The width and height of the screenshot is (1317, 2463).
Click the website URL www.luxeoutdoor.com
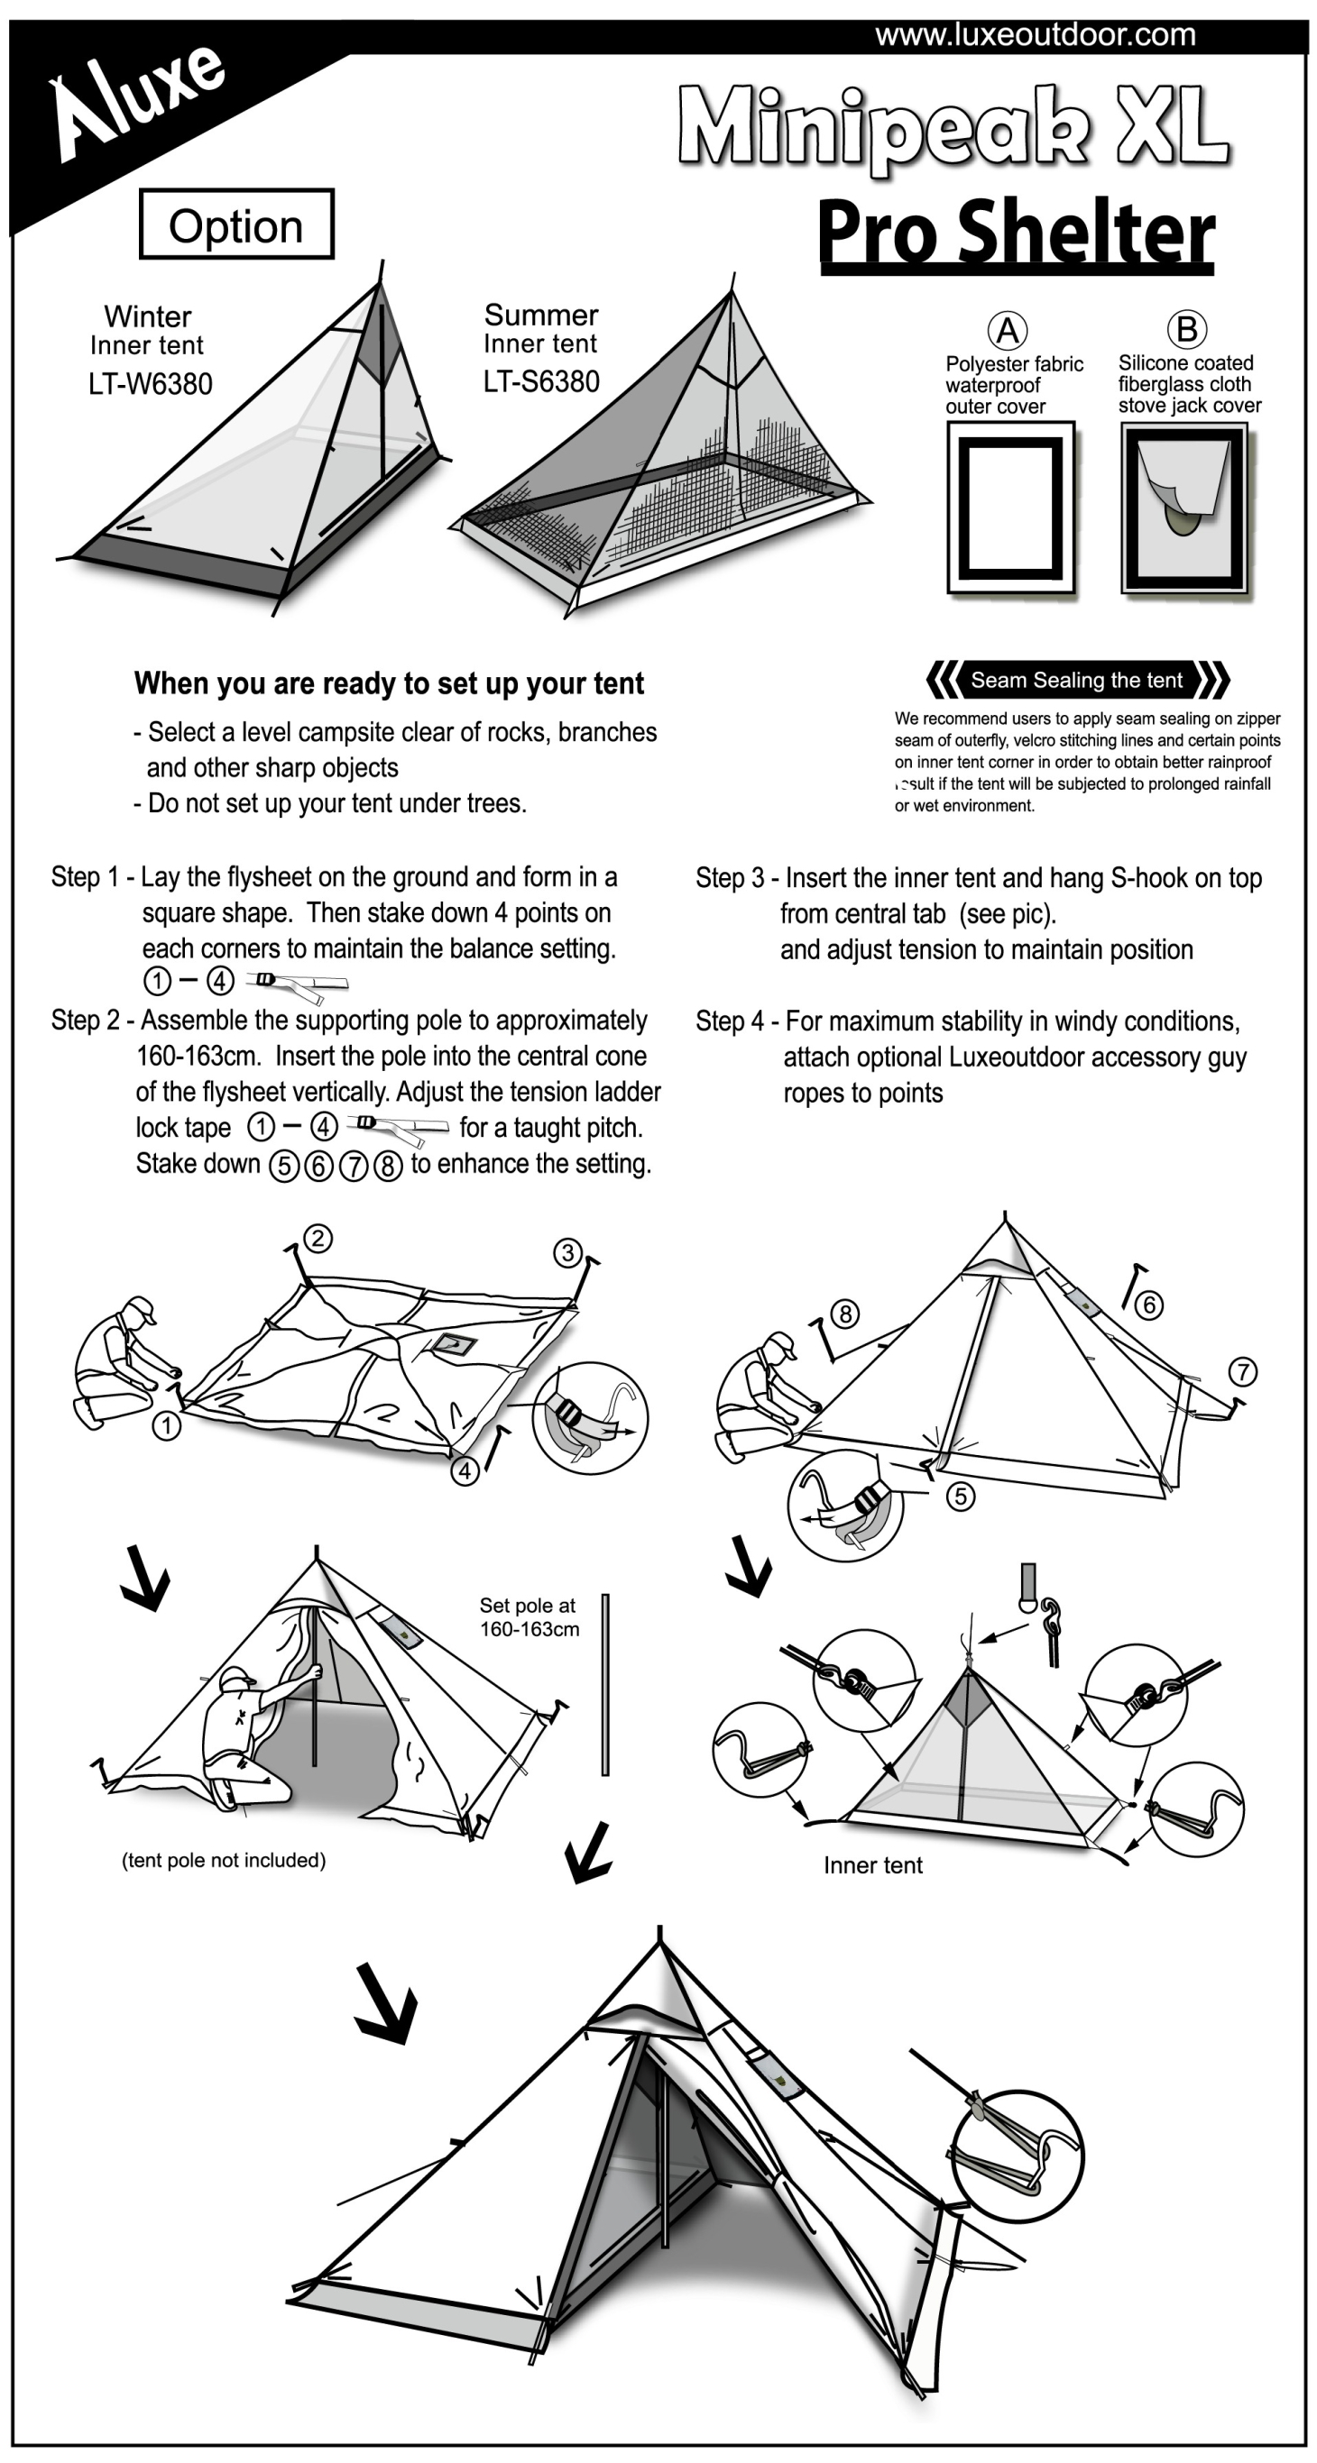(1035, 35)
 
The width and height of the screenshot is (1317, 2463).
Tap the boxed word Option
(236, 225)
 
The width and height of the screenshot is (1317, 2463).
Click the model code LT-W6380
(150, 384)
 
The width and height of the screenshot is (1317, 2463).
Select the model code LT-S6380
(541, 381)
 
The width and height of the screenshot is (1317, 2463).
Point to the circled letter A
(1007, 330)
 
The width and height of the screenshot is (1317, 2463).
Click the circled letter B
(1186, 329)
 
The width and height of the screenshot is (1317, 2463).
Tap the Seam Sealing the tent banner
(1077, 680)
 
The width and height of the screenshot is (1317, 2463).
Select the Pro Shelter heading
(1016, 233)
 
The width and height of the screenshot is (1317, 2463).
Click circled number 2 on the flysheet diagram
(318, 1239)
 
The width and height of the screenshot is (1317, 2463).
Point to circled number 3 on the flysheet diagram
(568, 1252)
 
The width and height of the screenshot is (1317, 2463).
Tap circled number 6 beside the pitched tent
(1148, 1305)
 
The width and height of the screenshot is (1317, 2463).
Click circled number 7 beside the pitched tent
(1241, 1372)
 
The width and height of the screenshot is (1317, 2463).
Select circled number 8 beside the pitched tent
(844, 1314)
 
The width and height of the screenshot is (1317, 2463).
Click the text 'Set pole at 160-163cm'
(529, 1616)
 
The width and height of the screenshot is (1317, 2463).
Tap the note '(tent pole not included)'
(224, 1860)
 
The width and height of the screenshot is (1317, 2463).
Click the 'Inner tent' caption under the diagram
(873, 1865)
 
